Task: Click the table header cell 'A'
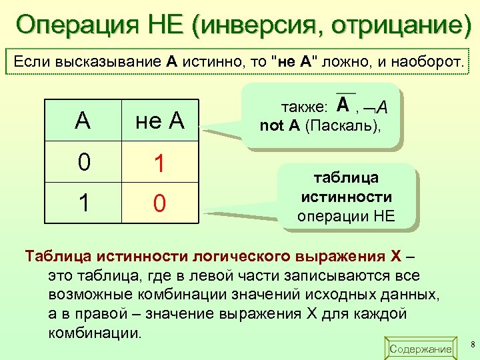point(83,121)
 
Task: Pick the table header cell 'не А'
point(160,121)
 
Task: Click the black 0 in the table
point(83,163)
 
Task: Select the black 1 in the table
point(83,203)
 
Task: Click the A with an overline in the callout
point(345,105)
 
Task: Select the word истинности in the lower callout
point(346,197)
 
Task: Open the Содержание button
point(421,349)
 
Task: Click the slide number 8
point(472,344)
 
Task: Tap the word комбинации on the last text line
point(95,332)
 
